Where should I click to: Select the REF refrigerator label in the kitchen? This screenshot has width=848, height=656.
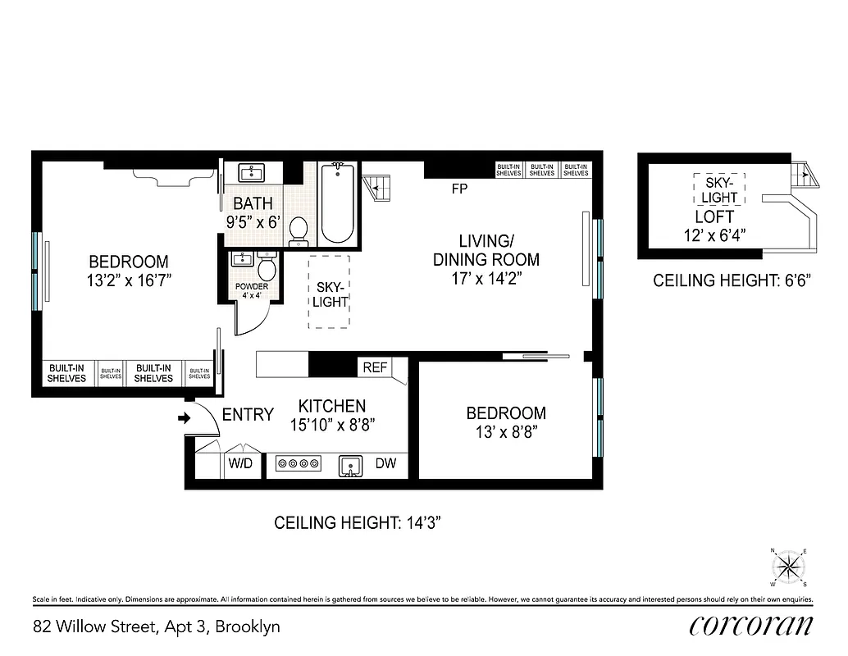[x=375, y=368]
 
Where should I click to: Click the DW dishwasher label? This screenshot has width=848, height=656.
[x=385, y=464]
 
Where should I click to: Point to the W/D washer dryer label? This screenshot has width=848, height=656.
[x=240, y=464]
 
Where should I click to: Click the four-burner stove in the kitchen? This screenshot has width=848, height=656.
[x=299, y=464]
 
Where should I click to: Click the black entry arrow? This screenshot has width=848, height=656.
[x=185, y=418]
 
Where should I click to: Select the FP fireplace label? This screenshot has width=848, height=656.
[x=459, y=189]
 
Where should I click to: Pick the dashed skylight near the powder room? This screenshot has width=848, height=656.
[x=329, y=292]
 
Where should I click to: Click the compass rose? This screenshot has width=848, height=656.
[x=789, y=566]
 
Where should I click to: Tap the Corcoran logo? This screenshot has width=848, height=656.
[x=751, y=626]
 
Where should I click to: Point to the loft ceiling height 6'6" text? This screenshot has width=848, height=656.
[x=732, y=280]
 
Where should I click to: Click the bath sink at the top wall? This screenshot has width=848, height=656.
[x=251, y=172]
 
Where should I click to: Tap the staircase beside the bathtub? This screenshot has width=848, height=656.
[x=378, y=187]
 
